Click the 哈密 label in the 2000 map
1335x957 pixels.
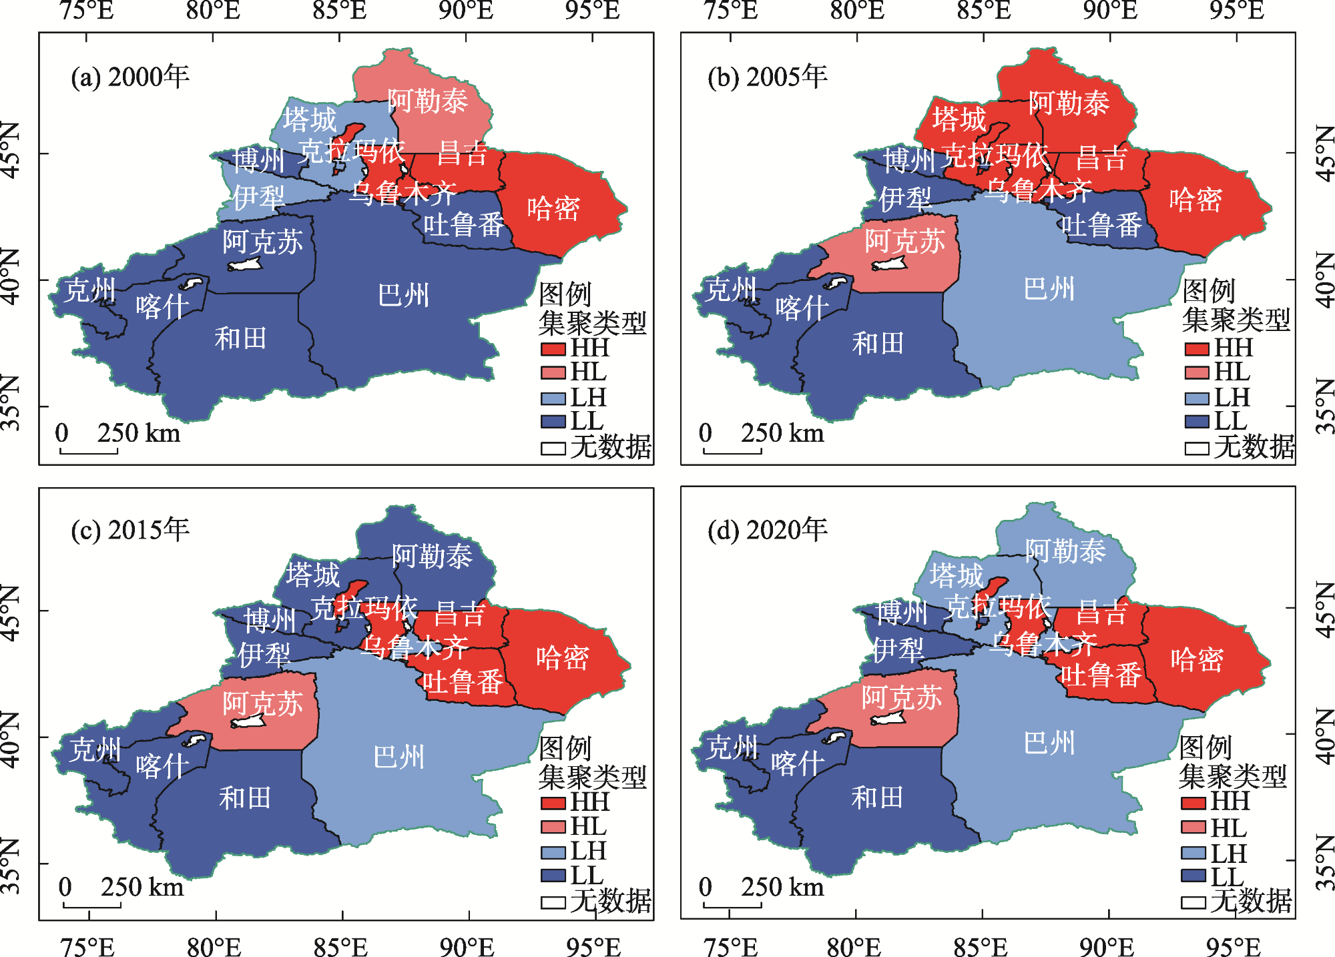tap(553, 208)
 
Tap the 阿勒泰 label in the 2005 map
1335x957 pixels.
tap(1069, 103)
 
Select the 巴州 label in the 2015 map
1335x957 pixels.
tap(399, 757)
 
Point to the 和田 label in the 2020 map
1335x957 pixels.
tap(877, 797)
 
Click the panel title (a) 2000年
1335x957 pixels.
tap(130, 77)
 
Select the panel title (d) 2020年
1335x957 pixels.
tap(768, 530)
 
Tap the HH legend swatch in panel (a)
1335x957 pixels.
tap(553, 348)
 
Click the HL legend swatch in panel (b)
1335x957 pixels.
tap(1196, 372)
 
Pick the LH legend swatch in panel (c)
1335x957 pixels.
tap(553, 852)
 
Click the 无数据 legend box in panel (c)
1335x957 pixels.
tap(553, 902)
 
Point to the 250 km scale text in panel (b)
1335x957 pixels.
tap(782, 433)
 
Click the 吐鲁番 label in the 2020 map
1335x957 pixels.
tap(1101, 675)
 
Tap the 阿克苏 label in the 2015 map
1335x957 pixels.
tap(262, 703)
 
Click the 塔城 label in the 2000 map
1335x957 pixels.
tap(309, 119)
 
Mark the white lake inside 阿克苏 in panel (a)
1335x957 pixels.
tap(246, 264)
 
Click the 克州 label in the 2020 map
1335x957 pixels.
tap(732, 747)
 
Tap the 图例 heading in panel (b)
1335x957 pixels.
tap(1209, 291)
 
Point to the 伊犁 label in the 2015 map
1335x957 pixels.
tap(264, 654)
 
